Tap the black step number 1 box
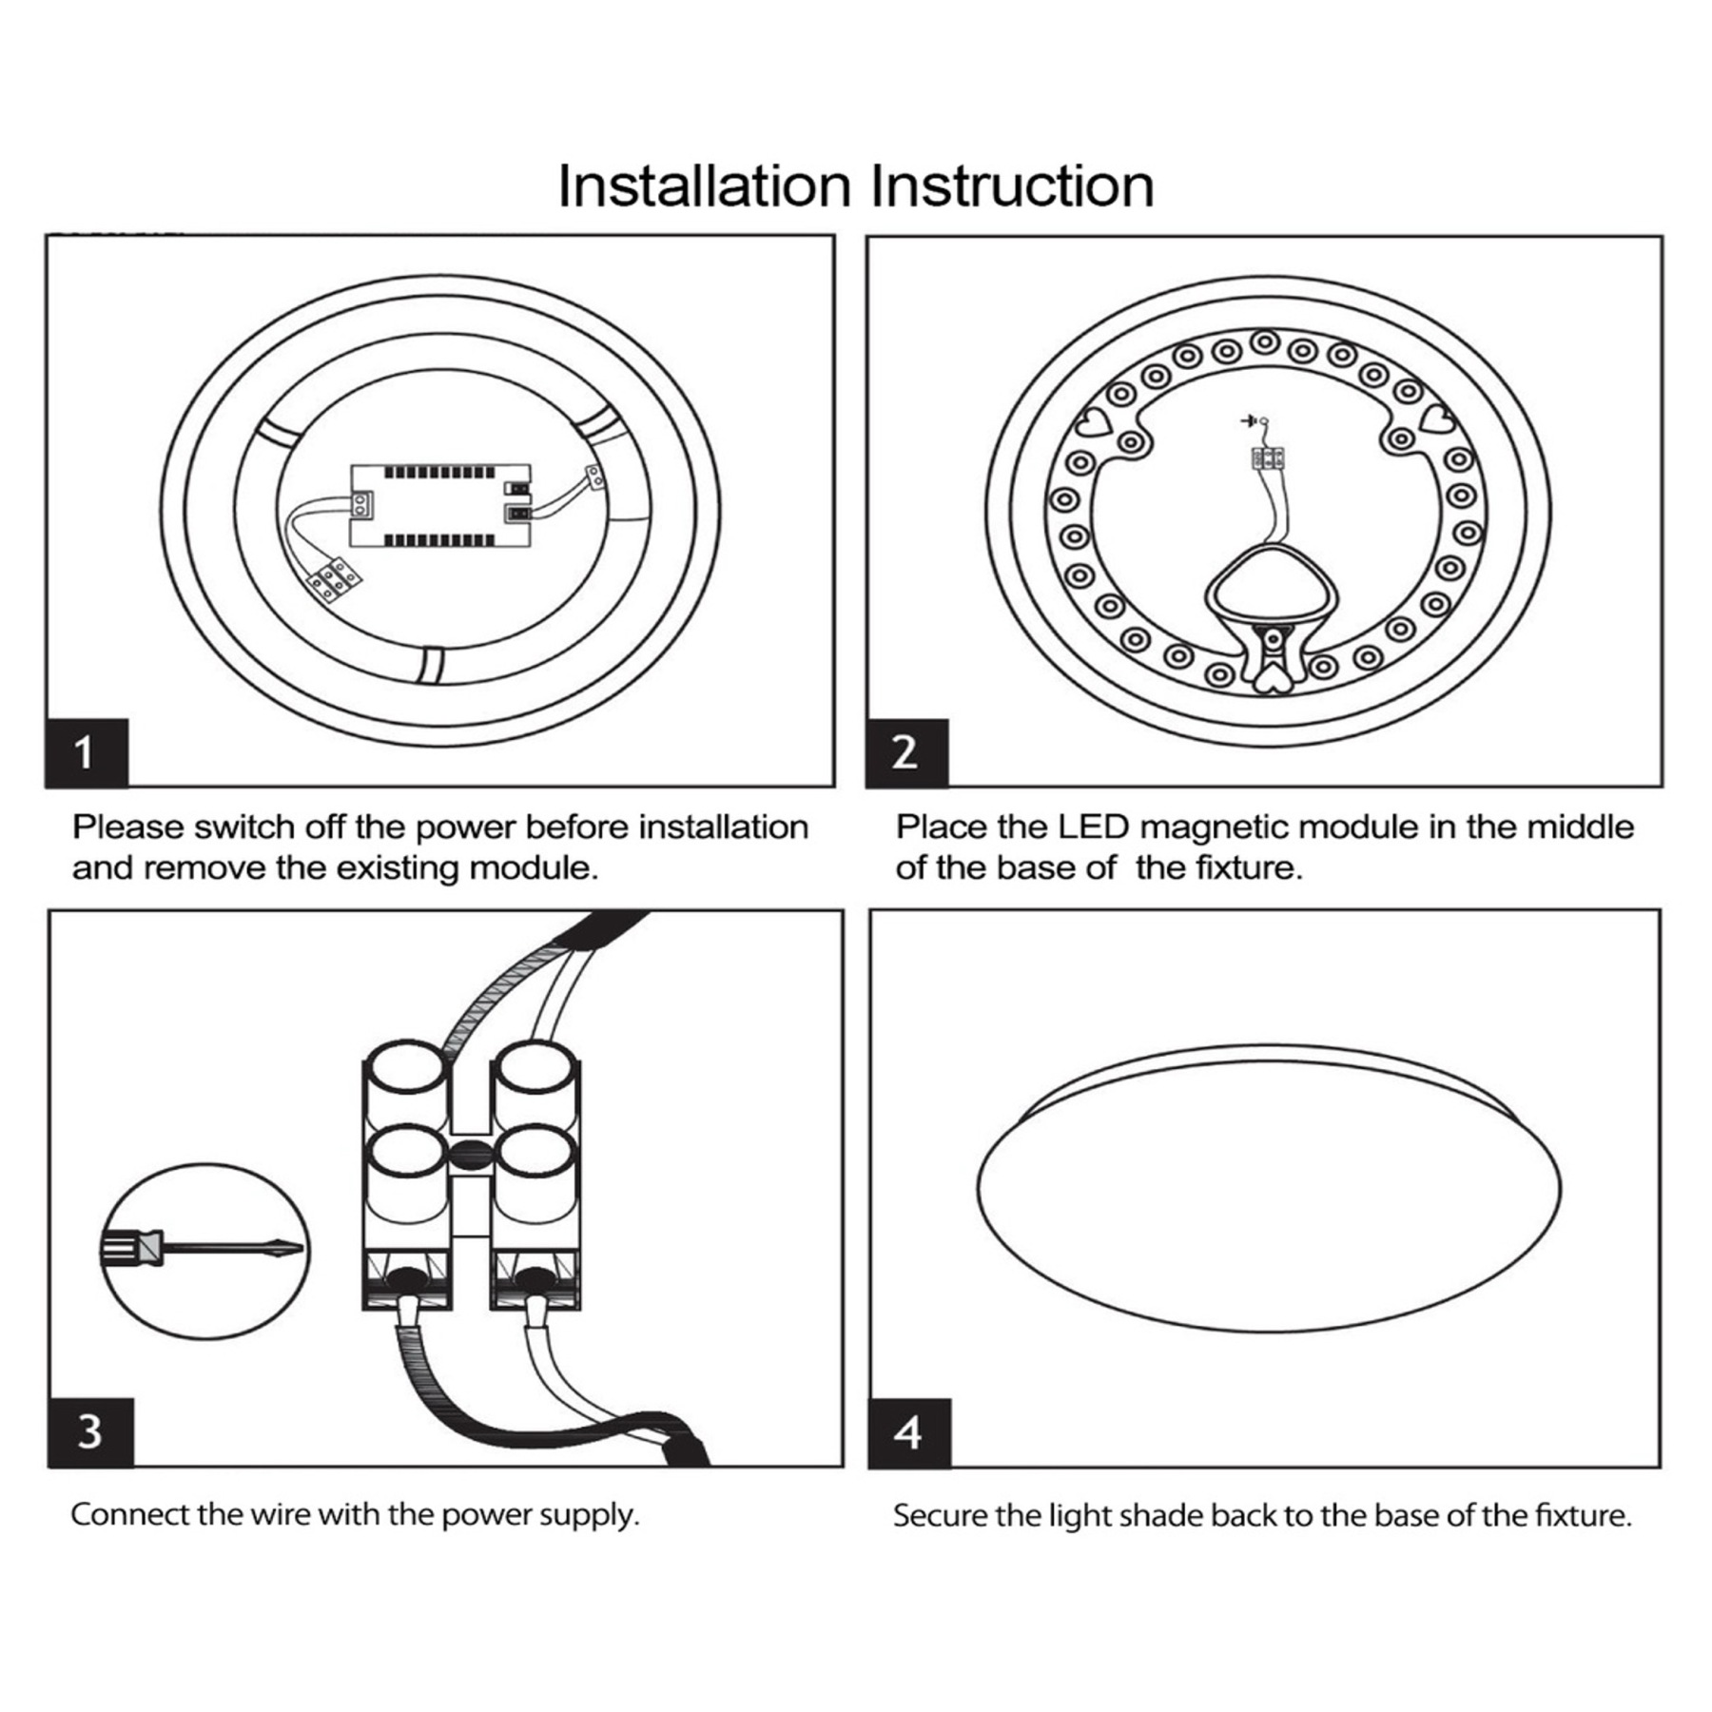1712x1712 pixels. tap(86, 752)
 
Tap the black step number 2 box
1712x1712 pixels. tap(906, 752)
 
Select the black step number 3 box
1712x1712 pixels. tap(89, 1431)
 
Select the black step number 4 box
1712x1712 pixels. tap(908, 1432)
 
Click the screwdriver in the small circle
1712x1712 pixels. tap(204, 1250)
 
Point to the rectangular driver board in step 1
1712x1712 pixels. tap(439, 506)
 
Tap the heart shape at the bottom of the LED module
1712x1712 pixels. tap(1272, 678)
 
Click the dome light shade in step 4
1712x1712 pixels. tap(1268, 1189)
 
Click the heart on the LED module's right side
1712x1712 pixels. tap(1436, 418)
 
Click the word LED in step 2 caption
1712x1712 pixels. tap(1093, 827)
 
